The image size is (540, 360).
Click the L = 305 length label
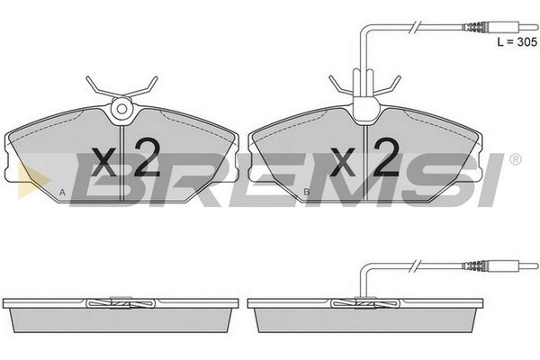click(x=517, y=41)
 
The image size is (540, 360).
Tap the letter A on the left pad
click(x=62, y=193)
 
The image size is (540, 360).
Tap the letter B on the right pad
click(x=306, y=192)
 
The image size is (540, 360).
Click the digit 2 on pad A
click(x=147, y=157)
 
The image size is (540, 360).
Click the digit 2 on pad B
click(x=386, y=157)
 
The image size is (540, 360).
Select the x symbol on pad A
click(x=104, y=162)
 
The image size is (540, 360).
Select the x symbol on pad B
click(x=343, y=162)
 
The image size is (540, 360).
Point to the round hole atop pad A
click(x=121, y=109)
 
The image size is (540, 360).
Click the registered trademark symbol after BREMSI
click(x=515, y=159)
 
